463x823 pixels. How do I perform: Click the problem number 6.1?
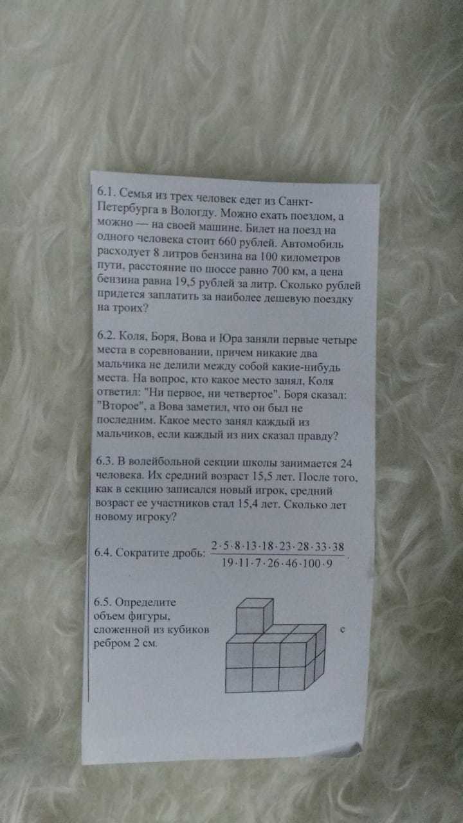106,192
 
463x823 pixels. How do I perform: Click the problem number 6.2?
107,335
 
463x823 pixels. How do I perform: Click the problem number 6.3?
105,461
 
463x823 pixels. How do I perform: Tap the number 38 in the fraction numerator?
338,547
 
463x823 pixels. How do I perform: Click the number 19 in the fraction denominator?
227,563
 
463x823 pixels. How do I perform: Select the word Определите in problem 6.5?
145,602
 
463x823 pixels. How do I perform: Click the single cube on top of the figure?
254,615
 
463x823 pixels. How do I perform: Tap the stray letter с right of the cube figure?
342,629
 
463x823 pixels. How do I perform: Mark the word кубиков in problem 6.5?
188,629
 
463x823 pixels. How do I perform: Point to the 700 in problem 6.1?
280,271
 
